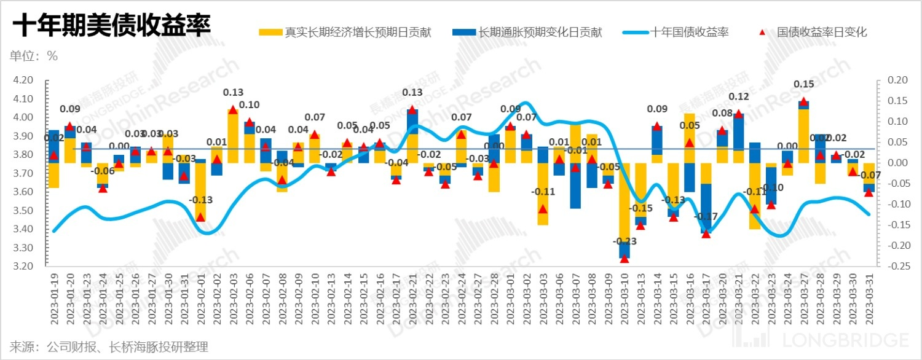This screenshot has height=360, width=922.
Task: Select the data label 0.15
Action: (804, 84)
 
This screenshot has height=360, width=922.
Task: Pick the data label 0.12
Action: (739, 96)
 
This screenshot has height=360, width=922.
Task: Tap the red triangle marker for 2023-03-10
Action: (625, 259)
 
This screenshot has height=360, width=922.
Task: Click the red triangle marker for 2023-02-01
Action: (200, 217)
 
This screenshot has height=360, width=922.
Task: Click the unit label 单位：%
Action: (34, 56)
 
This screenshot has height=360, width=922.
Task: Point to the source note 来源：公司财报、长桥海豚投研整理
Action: (109, 347)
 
